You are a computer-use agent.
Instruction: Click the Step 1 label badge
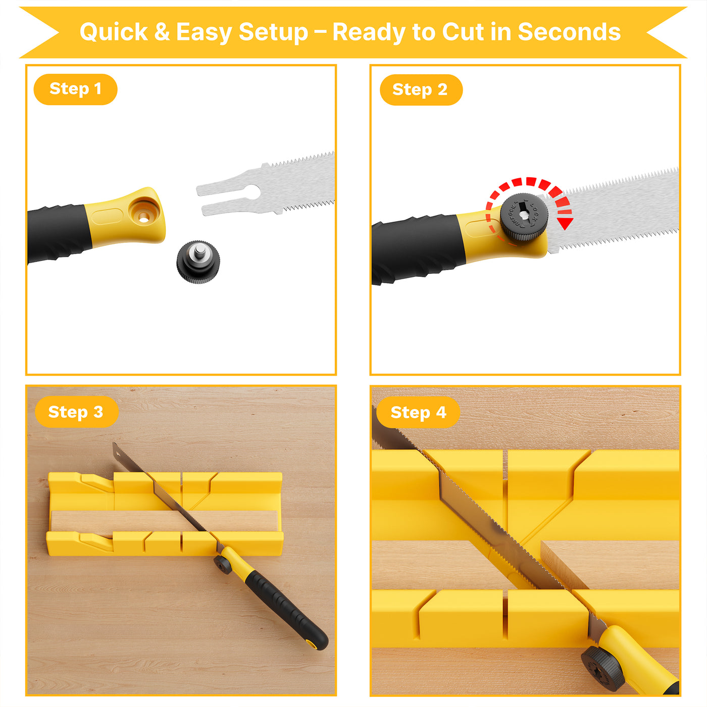pyautogui.click(x=75, y=89)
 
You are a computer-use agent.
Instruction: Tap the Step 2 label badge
pyautogui.click(x=421, y=90)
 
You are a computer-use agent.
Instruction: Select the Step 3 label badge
pyautogui.click(x=76, y=412)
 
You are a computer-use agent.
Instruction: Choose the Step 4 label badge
pyautogui.click(x=418, y=413)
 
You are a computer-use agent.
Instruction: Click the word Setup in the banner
pyautogui.click(x=273, y=32)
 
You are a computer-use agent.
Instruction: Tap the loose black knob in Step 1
pyautogui.click(x=198, y=262)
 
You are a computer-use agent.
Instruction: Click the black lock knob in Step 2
pyautogui.click(x=524, y=217)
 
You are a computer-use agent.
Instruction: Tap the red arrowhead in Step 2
pyautogui.click(x=566, y=223)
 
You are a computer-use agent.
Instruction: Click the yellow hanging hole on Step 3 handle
pyautogui.click(x=312, y=643)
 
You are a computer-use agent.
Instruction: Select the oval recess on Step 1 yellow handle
pyautogui.click(x=107, y=217)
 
